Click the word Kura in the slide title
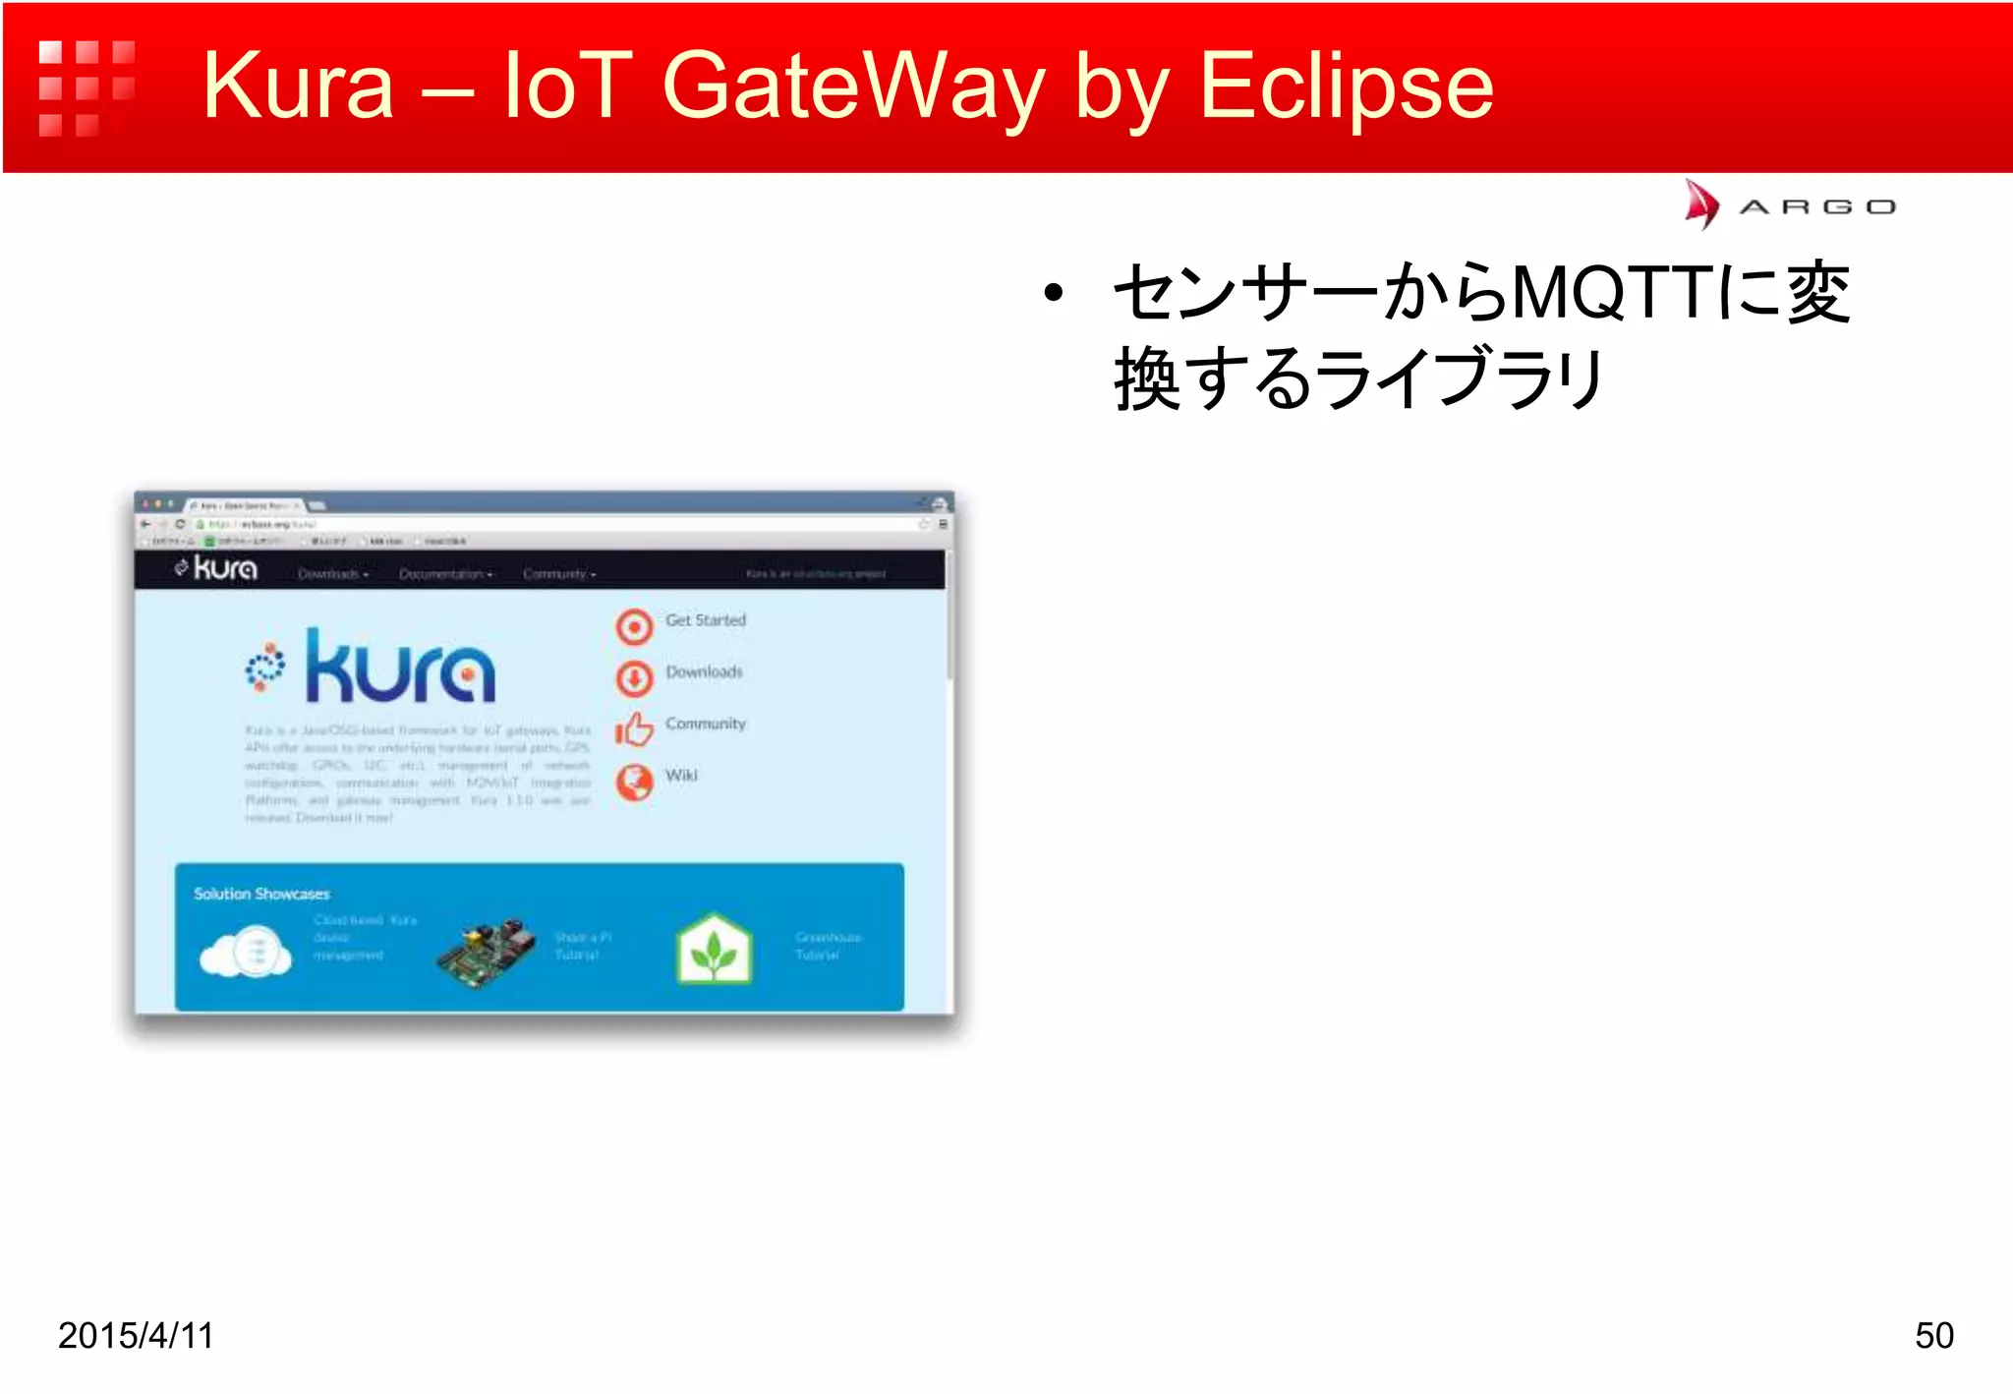coord(298,87)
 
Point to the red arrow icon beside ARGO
coord(1700,204)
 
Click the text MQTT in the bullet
coord(1612,293)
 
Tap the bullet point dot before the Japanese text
coord(1054,293)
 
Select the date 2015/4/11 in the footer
coord(136,1335)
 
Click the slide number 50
coord(1933,1335)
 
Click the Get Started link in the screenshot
coord(705,620)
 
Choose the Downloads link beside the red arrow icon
coord(704,672)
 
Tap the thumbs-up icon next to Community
coord(634,729)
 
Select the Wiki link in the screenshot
coord(681,776)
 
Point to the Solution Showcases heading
coord(261,894)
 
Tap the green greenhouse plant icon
coord(715,950)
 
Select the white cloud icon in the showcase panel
coord(246,952)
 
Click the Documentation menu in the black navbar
coord(445,574)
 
